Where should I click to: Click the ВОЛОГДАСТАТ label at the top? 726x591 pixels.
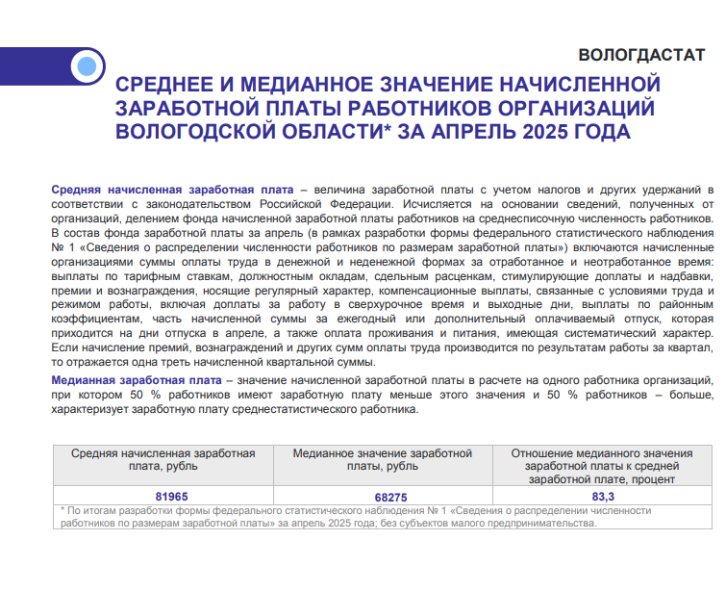click(642, 55)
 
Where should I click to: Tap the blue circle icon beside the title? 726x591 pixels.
click(88, 66)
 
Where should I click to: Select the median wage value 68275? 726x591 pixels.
click(383, 496)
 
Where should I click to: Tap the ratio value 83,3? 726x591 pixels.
click(603, 496)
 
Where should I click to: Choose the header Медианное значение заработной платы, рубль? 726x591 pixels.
click(383, 459)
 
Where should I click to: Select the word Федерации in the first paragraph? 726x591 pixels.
click(348, 205)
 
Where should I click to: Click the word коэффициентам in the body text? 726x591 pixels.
click(94, 319)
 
